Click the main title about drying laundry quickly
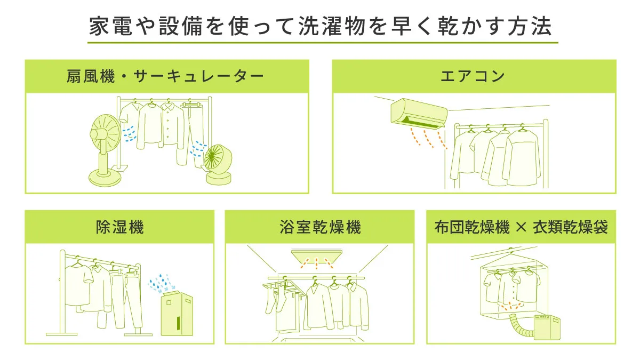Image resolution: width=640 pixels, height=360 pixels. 321,26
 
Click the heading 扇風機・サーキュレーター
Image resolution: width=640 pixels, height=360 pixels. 165,77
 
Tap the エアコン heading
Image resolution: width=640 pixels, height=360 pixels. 473,76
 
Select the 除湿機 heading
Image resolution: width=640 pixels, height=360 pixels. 119,227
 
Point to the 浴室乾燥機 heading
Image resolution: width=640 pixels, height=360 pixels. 321,227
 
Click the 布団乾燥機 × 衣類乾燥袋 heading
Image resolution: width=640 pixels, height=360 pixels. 521,227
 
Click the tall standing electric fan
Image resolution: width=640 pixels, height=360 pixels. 105,150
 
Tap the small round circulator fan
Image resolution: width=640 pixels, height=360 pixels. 219,165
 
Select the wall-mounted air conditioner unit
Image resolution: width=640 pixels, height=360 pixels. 419,114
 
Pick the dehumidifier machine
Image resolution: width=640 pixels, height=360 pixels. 177,314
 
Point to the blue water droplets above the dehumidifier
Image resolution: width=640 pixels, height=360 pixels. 162,283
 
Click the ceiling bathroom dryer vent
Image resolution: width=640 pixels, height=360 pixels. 317,257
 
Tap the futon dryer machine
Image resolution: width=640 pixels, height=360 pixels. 547,327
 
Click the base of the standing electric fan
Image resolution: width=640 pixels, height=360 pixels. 105,179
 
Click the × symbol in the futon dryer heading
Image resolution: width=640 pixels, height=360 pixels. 521,228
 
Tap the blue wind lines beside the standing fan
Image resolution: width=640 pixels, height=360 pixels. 130,133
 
